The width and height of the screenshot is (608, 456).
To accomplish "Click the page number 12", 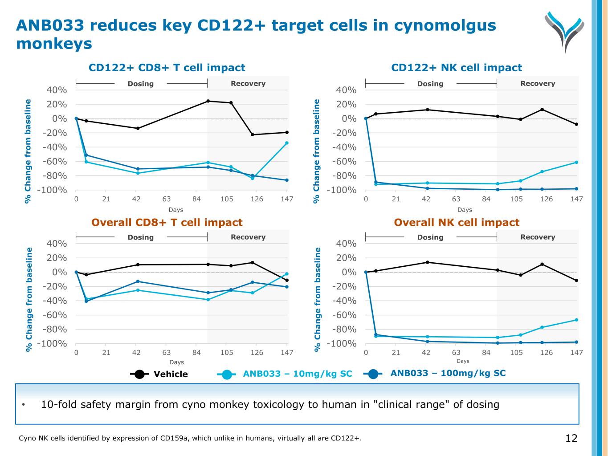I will tap(571, 438).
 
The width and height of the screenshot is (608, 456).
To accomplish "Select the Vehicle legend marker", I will tap(139, 374).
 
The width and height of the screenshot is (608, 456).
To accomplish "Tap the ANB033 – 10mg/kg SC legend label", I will tap(297, 374).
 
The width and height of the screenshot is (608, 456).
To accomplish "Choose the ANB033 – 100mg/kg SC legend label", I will tap(448, 373).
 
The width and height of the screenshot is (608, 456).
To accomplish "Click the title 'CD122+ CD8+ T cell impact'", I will tap(167, 68).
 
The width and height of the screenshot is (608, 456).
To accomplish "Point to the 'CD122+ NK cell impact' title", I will tap(456, 68).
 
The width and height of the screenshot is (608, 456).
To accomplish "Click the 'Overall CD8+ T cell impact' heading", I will tap(167, 223).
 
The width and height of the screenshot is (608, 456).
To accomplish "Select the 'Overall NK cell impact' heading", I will tap(457, 223).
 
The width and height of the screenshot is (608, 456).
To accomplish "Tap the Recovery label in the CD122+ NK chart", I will tap(537, 84).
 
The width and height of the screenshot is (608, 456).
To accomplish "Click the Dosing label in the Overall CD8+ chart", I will tap(140, 237).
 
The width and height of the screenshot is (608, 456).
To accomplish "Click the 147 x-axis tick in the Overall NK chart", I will tap(576, 353).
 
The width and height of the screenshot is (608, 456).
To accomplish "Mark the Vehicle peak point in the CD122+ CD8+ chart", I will tap(208, 101).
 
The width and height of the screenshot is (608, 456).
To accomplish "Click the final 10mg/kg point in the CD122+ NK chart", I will tap(576, 162).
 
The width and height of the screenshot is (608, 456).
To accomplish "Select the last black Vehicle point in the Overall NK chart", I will tap(576, 281).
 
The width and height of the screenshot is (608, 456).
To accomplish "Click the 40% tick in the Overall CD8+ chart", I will tap(57, 244).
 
